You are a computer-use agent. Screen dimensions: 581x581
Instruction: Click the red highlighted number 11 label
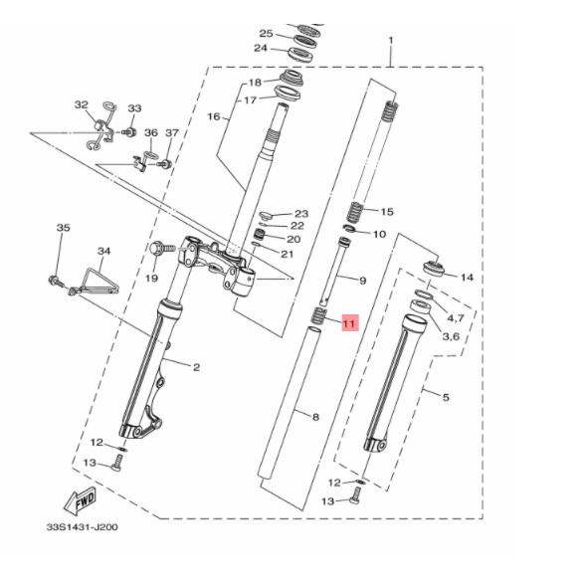coord(349,323)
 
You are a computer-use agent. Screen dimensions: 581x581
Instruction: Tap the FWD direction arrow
coord(81,500)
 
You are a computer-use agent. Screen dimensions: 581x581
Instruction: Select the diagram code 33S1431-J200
coord(82,527)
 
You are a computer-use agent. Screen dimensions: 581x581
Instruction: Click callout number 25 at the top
coord(266,34)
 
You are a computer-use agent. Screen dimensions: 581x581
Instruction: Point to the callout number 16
coord(214,117)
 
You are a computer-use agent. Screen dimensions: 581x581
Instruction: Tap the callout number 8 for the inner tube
coord(315,418)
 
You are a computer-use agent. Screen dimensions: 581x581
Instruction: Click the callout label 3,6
coord(451,336)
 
